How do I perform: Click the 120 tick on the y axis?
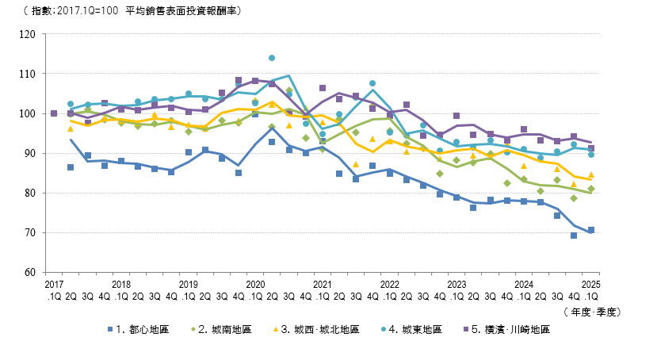pyautogui.click(x=31, y=34)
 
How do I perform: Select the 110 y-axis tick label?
pyautogui.click(x=31, y=74)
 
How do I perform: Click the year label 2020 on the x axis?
pyautogui.click(x=255, y=283)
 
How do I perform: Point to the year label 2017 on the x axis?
pyautogui.click(x=54, y=283)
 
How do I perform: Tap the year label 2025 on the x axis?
pyautogui.click(x=590, y=283)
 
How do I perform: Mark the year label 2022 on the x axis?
pyautogui.click(x=389, y=283)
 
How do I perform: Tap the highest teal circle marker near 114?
pyautogui.click(x=272, y=58)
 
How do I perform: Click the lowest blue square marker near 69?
pyautogui.click(x=574, y=236)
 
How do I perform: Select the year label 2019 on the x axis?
pyautogui.click(x=188, y=283)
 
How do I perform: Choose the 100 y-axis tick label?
pyautogui.click(x=31, y=113)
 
